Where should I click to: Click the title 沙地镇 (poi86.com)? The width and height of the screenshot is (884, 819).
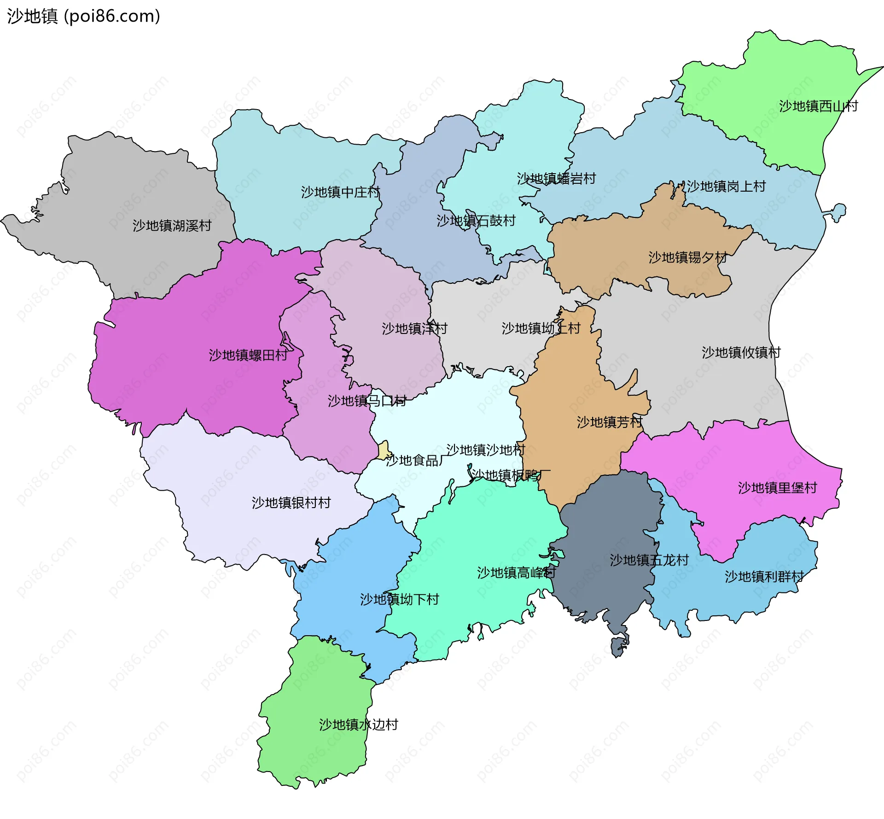83,16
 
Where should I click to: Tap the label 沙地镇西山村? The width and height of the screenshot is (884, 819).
818,106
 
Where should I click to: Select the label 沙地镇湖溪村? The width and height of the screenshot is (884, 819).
172,226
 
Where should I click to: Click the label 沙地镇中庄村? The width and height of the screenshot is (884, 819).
340,192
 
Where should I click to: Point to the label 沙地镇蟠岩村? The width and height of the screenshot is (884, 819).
556,179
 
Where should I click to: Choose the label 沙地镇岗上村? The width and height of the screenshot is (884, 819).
726,187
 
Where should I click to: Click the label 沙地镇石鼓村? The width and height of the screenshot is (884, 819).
476,221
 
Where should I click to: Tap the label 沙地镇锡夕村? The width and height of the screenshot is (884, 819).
687,257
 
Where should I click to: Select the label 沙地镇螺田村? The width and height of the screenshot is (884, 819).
248,355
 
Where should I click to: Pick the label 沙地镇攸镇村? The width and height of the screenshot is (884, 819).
741,353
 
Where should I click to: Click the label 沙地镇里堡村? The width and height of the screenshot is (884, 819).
777,488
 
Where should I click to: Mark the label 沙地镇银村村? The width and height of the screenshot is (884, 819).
291,503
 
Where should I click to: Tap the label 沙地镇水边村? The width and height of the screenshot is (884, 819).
358,725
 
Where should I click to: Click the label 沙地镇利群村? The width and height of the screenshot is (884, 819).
764,577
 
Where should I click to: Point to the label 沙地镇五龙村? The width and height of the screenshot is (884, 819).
649,561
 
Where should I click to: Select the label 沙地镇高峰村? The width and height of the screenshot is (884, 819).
516,573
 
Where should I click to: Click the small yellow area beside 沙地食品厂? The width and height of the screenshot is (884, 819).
384,450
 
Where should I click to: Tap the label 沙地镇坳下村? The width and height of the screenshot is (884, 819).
399,600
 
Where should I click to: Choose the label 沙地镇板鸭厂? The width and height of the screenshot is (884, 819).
510,475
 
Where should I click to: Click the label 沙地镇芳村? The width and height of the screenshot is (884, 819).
609,422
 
